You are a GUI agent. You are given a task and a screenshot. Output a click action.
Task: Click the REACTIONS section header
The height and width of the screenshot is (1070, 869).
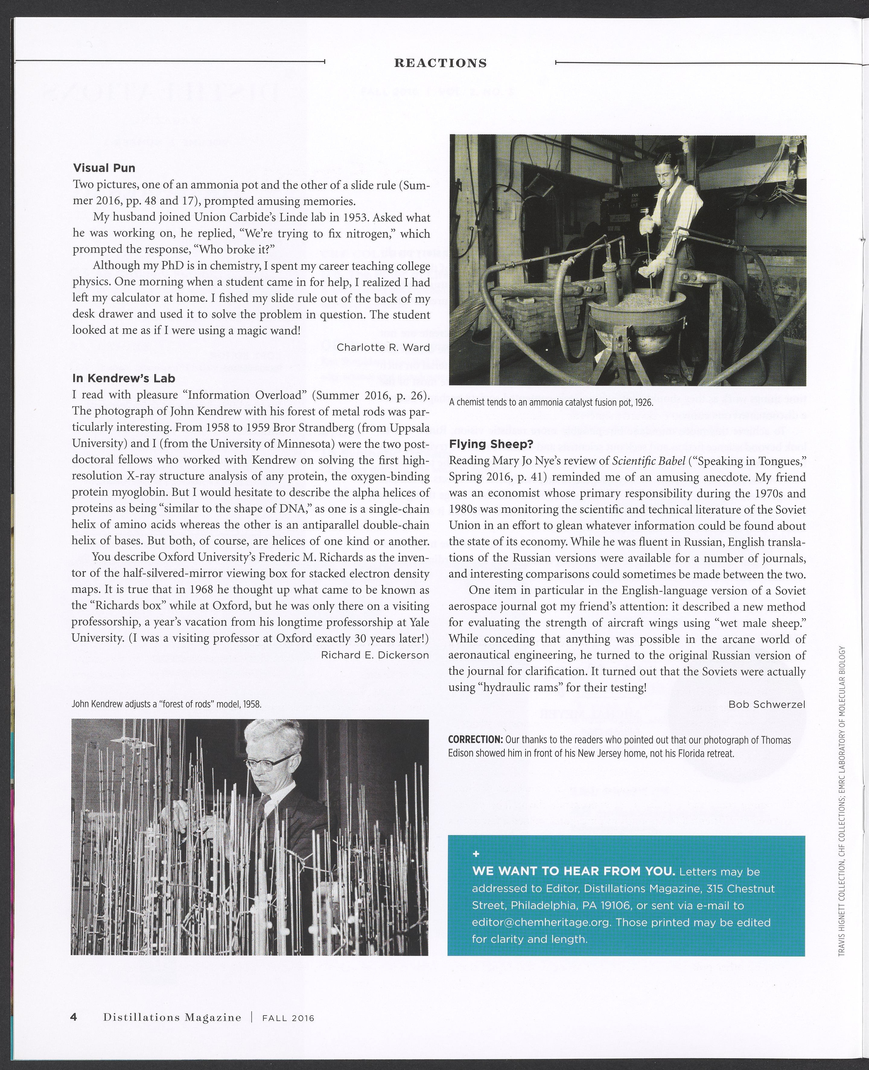[x=441, y=63]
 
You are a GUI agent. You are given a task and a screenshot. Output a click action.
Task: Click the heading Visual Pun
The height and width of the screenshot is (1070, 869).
[x=104, y=168]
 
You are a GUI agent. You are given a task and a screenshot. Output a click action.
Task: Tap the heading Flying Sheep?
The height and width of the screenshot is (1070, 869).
[x=491, y=444]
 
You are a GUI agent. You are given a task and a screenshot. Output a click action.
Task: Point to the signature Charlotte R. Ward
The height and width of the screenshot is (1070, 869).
[x=383, y=347]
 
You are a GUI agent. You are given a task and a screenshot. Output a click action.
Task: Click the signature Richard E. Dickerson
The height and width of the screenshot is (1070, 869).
[x=375, y=655]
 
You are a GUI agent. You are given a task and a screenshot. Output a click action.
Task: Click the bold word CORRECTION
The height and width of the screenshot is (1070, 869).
[x=475, y=740]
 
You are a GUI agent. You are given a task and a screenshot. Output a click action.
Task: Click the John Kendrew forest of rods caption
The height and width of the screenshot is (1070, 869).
[x=166, y=704]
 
